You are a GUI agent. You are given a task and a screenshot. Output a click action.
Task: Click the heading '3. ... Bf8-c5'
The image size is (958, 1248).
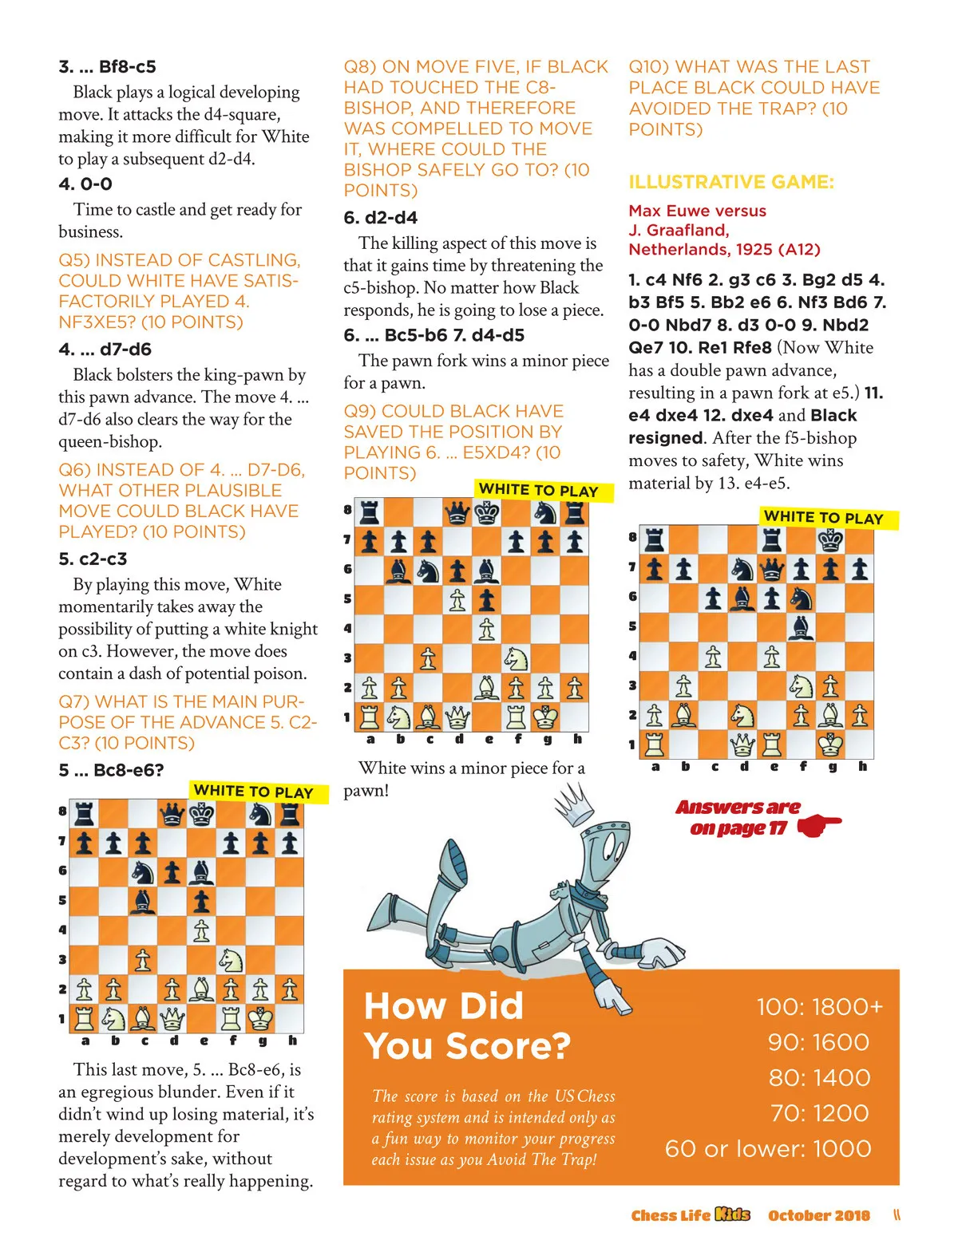click(107, 66)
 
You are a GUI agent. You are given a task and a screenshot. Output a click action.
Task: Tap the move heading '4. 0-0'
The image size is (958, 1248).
click(85, 184)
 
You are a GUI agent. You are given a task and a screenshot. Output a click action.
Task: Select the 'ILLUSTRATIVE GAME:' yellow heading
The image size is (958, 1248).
click(730, 182)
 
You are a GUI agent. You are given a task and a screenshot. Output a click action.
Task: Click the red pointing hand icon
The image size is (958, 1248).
click(817, 825)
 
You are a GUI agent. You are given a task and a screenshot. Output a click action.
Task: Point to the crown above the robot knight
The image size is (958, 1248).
click(573, 804)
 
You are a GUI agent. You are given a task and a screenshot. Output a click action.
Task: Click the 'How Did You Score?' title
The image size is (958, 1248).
click(466, 1025)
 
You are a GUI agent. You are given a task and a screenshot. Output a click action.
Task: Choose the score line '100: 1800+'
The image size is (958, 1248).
click(819, 1006)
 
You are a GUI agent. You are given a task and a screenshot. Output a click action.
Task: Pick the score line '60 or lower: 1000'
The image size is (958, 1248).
click(768, 1148)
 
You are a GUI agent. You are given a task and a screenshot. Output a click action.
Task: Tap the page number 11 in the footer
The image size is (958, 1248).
click(897, 1215)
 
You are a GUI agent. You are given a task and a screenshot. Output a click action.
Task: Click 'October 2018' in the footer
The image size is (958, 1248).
click(818, 1215)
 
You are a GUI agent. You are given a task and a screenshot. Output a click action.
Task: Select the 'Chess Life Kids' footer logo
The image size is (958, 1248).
click(690, 1215)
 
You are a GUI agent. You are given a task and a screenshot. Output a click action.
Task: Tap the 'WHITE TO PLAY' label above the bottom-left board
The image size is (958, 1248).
click(253, 792)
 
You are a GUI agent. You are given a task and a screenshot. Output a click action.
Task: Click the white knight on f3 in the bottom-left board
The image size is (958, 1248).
click(231, 958)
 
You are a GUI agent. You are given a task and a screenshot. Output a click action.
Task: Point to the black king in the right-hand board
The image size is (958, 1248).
click(830, 540)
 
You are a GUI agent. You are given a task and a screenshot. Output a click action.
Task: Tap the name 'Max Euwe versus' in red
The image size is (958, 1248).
click(697, 211)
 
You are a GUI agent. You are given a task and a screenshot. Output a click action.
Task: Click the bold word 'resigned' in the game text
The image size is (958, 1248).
click(665, 437)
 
